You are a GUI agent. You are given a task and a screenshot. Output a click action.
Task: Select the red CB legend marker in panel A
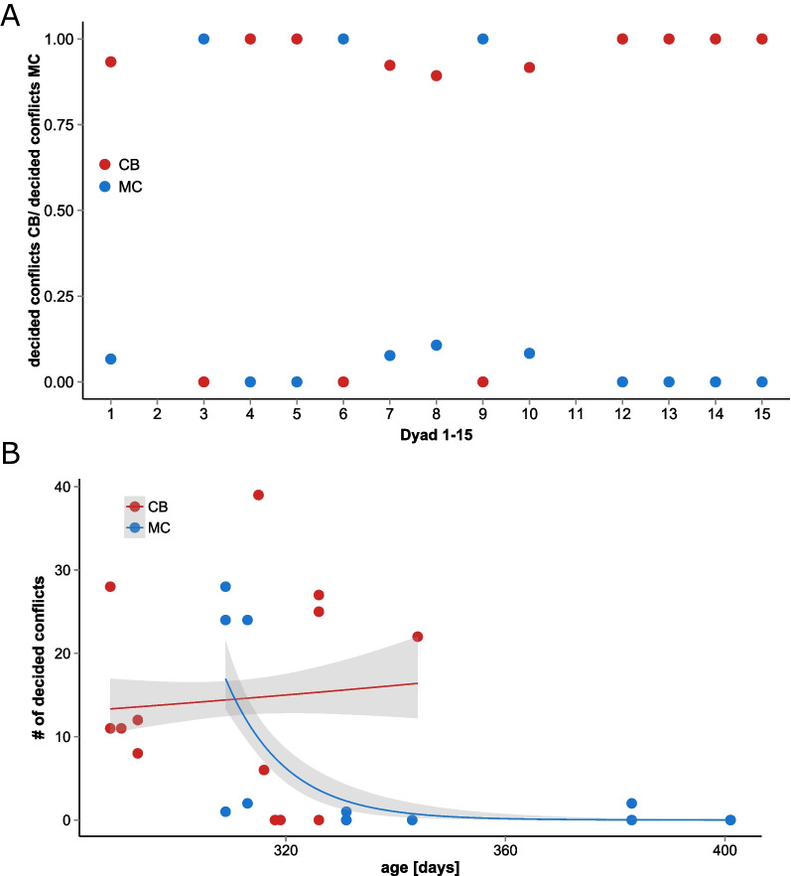click(x=104, y=164)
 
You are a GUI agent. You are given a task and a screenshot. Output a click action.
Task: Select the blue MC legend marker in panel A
click(x=104, y=187)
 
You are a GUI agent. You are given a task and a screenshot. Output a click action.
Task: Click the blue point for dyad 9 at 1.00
click(x=482, y=39)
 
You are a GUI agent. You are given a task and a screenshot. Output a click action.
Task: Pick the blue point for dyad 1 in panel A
click(x=111, y=359)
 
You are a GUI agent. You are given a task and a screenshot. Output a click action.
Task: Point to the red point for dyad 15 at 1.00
click(x=761, y=39)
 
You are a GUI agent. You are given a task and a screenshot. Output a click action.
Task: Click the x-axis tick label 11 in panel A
click(x=576, y=410)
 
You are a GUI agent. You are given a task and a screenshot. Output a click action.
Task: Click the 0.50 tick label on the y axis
click(x=64, y=211)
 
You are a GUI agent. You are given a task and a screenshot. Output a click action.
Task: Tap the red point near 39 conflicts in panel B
click(x=258, y=495)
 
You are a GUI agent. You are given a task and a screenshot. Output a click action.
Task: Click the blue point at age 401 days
click(x=730, y=820)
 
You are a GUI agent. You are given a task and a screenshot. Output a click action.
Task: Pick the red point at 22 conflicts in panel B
click(x=418, y=637)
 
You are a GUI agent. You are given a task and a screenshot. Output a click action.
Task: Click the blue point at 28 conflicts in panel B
click(x=225, y=587)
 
